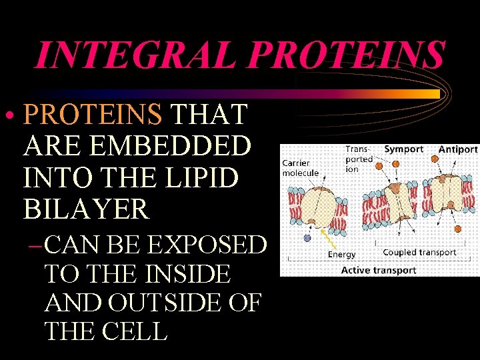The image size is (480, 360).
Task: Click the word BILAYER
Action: click(x=87, y=209)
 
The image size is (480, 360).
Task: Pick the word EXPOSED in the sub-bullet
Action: click(x=207, y=245)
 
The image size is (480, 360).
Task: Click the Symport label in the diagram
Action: click(x=403, y=149)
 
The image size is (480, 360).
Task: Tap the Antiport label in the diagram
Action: click(x=457, y=149)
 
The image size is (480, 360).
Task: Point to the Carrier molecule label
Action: click(x=300, y=168)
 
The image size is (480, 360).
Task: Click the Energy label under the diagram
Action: click(x=341, y=254)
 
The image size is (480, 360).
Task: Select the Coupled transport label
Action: click(x=419, y=252)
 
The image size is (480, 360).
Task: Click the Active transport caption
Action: click(x=378, y=270)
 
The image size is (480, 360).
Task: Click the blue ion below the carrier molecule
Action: click(x=307, y=237)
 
